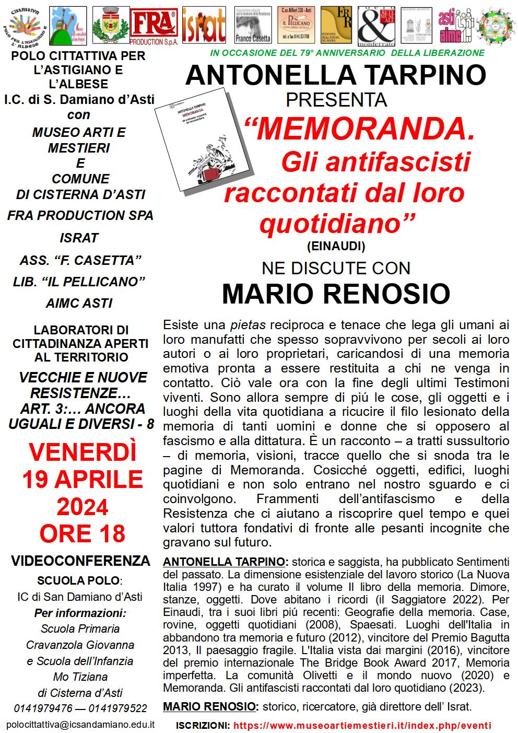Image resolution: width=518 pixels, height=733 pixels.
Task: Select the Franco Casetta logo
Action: pos(253,26)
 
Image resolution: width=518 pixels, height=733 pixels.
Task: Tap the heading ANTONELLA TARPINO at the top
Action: pos(336,75)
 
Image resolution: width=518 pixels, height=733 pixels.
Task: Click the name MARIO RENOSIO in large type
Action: pos(336,294)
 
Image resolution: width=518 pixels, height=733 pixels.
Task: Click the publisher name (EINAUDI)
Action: pos(336,245)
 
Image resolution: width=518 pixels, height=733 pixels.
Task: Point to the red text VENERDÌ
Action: pos(82,452)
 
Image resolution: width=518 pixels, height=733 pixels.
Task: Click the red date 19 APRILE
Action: pos(82,479)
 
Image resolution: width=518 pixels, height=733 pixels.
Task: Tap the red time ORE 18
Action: pos(82,533)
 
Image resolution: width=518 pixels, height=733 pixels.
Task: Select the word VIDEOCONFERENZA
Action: pos(80,561)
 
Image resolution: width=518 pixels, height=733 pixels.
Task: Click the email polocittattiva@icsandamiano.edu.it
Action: pos(80,725)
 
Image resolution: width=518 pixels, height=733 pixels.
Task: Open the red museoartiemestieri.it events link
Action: pos(362,726)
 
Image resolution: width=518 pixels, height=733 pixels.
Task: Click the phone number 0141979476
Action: pos(39,708)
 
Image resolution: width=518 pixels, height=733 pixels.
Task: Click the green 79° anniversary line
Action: pos(347,53)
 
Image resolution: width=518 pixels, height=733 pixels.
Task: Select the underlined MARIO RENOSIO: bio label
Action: pos(210,707)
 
